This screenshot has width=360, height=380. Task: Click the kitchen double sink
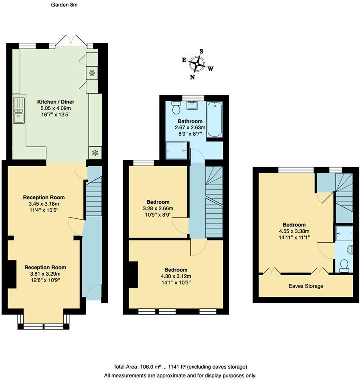tap(19, 110)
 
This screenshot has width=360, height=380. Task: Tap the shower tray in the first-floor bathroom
tap(176, 150)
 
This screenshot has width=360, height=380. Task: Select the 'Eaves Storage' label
tap(306, 286)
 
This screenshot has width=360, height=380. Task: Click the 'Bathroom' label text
tap(190, 121)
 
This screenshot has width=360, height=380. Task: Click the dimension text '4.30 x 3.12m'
tap(176, 277)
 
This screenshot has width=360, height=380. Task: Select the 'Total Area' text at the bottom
tap(180, 366)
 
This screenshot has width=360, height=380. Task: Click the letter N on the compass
tap(192, 77)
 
